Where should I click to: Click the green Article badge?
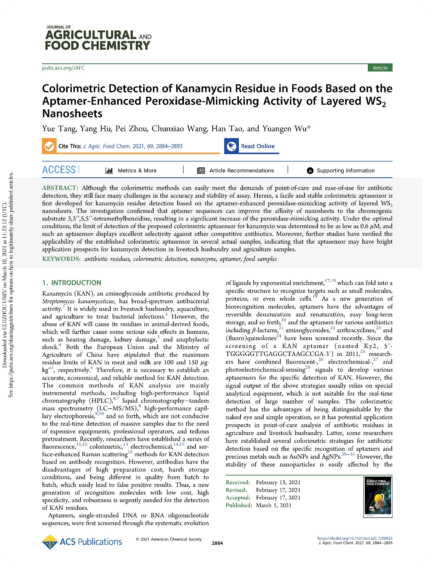tap(380, 68)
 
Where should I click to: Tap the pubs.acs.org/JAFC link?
tap(63, 68)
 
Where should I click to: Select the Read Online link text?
tap(258, 146)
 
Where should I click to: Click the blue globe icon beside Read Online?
tap(232, 146)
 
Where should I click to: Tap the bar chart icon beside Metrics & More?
tap(109, 170)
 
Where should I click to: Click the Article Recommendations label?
tap(242, 170)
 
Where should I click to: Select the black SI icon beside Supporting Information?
tap(310, 171)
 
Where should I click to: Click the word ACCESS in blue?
tap(59, 170)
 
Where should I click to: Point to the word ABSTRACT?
tap(60, 188)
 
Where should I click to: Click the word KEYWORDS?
tap(61, 259)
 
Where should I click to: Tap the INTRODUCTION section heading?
tap(76, 283)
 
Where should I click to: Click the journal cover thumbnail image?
tap(378, 497)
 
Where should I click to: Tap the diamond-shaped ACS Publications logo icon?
tap(50, 542)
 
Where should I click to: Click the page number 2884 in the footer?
tap(217, 543)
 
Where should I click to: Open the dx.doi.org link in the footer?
tap(355, 538)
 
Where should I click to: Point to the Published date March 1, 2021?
tap(273, 505)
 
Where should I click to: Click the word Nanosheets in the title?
tap(72, 114)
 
